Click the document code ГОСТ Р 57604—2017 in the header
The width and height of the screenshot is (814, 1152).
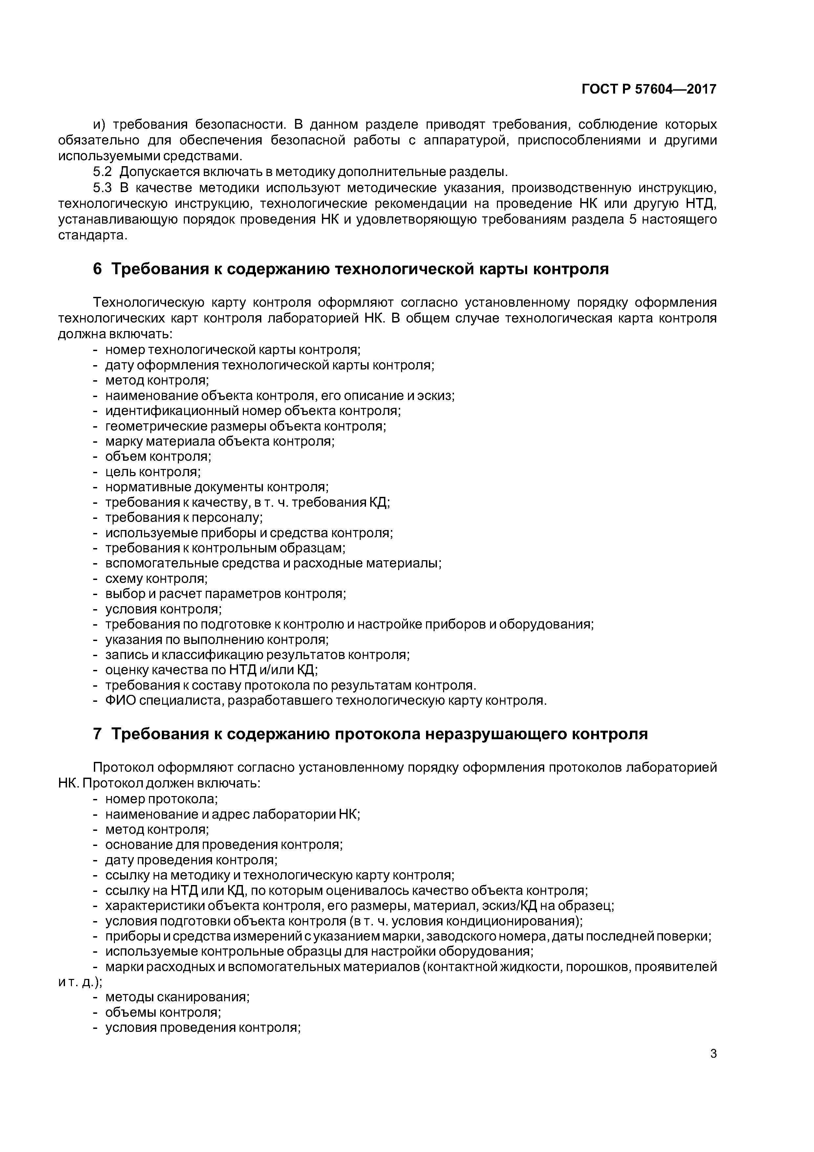(x=649, y=89)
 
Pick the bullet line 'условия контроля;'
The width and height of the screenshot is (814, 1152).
(x=163, y=609)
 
